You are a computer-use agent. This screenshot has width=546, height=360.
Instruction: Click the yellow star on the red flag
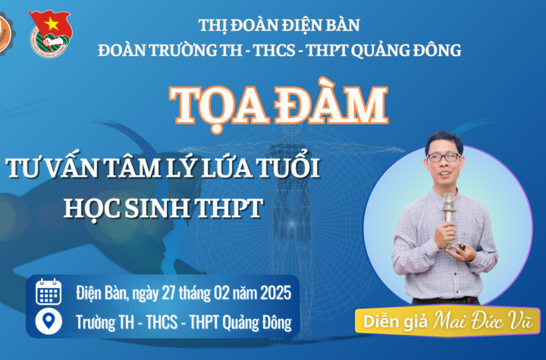click(x=52, y=23)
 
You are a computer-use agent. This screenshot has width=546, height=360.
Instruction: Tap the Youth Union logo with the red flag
click(x=51, y=33)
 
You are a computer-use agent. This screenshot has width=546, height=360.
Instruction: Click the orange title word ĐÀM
click(x=331, y=105)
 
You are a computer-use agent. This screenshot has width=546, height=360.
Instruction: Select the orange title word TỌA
click(x=220, y=107)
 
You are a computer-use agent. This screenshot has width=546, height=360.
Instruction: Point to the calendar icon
click(x=49, y=292)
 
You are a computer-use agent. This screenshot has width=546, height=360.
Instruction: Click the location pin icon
click(x=49, y=321)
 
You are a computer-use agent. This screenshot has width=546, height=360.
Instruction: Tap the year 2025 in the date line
click(x=275, y=293)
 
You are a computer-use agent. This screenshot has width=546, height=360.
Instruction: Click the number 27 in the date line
click(x=168, y=293)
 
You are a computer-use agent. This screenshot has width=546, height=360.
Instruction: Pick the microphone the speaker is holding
click(x=449, y=220)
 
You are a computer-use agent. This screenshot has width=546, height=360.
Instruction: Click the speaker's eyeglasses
click(x=444, y=158)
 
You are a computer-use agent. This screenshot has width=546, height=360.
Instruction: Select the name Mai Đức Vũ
click(x=483, y=321)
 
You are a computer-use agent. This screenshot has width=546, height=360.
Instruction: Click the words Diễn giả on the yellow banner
click(x=395, y=321)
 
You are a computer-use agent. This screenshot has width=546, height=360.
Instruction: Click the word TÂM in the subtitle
click(x=131, y=168)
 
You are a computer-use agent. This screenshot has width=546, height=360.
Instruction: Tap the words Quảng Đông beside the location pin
click(x=257, y=323)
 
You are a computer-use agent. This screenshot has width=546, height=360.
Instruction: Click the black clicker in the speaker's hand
click(x=461, y=246)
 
